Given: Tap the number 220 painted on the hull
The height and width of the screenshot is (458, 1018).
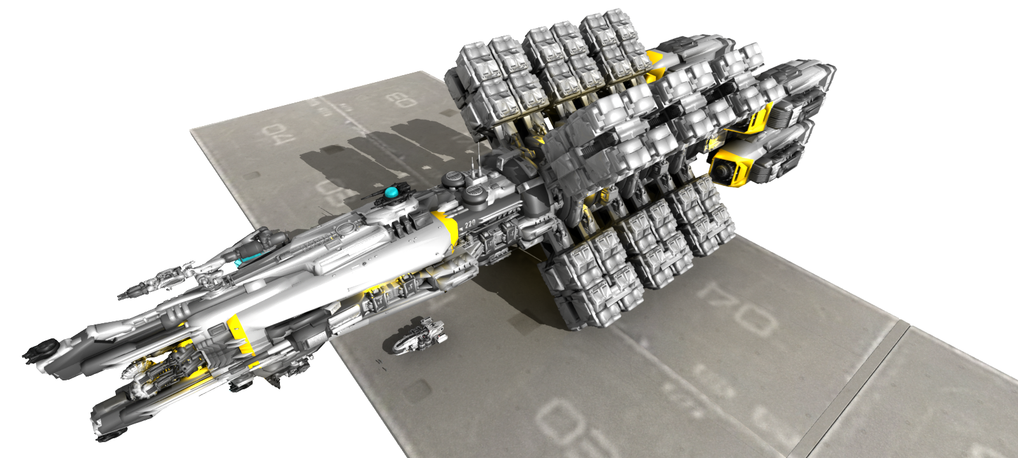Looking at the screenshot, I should coord(470,223).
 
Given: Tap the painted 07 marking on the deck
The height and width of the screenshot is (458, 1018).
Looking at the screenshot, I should coord(738,308).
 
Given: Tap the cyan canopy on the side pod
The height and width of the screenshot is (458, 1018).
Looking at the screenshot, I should coord(239,261).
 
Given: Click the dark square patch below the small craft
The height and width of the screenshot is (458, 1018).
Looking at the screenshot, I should coord(421,387).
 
